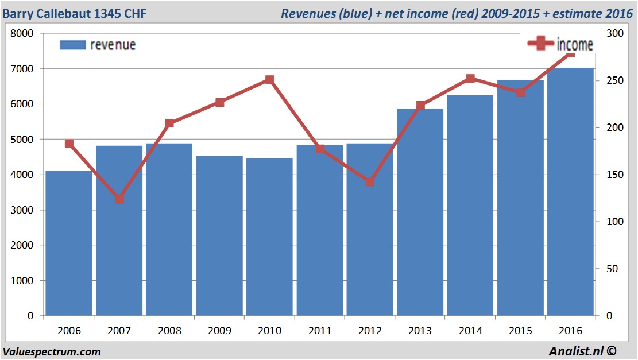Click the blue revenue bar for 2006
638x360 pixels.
tap(69, 243)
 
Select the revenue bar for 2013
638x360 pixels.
tap(420, 212)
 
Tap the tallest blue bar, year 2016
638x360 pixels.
tap(570, 192)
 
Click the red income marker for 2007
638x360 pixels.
tap(119, 199)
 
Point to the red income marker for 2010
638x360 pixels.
tap(269, 80)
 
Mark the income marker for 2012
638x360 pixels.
tap(370, 182)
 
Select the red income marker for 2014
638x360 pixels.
tap(470, 79)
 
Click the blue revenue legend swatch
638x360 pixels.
tap(73, 45)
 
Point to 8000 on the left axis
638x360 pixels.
tap(22, 33)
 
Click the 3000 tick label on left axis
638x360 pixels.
tap(22, 210)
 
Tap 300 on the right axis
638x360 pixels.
tap(614, 33)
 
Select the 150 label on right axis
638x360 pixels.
tap(614, 175)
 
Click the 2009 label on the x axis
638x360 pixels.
tap(219, 331)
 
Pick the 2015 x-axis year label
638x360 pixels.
tap(520, 331)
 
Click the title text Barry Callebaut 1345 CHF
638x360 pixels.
tap(75, 13)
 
